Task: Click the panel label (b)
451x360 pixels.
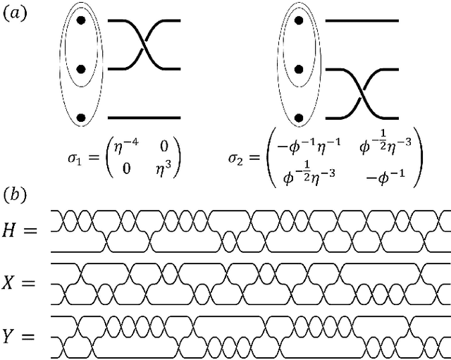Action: click(15, 192)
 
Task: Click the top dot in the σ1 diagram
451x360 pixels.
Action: click(81, 22)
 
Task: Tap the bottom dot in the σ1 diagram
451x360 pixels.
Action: click(81, 117)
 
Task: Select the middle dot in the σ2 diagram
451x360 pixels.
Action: click(299, 70)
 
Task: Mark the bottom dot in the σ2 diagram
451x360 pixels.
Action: click(299, 117)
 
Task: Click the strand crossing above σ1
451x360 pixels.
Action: click(145, 46)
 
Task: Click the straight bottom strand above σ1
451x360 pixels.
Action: click(145, 117)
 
